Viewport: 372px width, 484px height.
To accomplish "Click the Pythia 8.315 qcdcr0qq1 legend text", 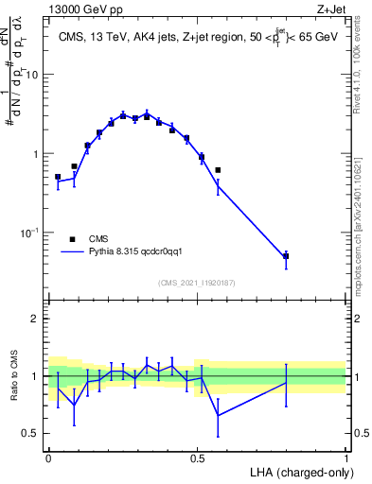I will [x=149, y=252].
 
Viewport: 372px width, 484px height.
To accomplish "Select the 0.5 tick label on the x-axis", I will [x=197, y=457].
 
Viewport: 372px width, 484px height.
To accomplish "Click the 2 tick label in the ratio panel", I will [x=35, y=319].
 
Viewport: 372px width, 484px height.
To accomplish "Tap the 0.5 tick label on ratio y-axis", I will [x=31, y=434].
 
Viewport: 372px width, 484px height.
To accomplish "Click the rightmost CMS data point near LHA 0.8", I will [x=286, y=256].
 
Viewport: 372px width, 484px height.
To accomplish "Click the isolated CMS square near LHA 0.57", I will [x=218, y=170].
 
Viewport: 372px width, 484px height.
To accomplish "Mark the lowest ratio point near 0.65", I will [x=218, y=415].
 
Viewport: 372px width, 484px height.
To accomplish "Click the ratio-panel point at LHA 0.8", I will [x=286, y=382].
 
